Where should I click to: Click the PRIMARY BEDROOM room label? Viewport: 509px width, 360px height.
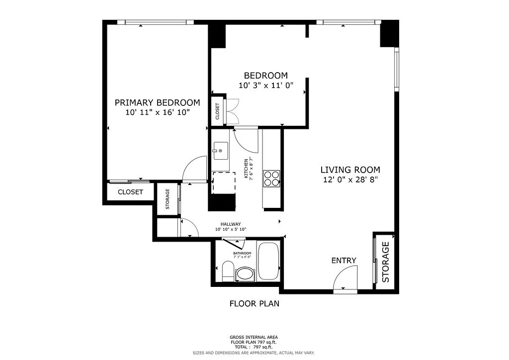(157, 102)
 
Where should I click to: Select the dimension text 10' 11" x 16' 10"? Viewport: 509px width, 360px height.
(157, 113)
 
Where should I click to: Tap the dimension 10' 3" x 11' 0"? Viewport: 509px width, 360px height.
(265, 85)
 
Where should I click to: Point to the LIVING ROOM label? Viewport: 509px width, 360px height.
(350, 170)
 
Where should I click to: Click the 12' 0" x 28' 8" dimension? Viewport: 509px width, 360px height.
(350, 180)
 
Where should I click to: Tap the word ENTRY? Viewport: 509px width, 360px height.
(344, 261)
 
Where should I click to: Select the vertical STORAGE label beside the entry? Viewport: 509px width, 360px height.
(385, 262)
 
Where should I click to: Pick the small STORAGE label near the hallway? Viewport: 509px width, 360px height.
(168, 199)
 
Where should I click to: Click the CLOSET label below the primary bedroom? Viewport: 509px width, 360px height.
(130, 192)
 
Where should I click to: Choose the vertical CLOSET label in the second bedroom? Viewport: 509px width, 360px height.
(218, 112)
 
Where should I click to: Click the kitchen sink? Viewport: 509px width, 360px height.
(220, 150)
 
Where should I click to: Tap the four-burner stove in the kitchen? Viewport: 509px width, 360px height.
(271, 178)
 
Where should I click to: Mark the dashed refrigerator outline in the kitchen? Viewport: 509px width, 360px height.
(223, 182)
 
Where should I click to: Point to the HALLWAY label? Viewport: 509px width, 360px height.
(230, 224)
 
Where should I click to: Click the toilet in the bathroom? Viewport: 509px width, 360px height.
(228, 271)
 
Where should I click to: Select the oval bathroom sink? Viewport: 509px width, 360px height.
(245, 273)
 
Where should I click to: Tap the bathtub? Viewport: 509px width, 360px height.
(269, 262)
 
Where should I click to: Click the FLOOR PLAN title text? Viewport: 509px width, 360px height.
(254, 303)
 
